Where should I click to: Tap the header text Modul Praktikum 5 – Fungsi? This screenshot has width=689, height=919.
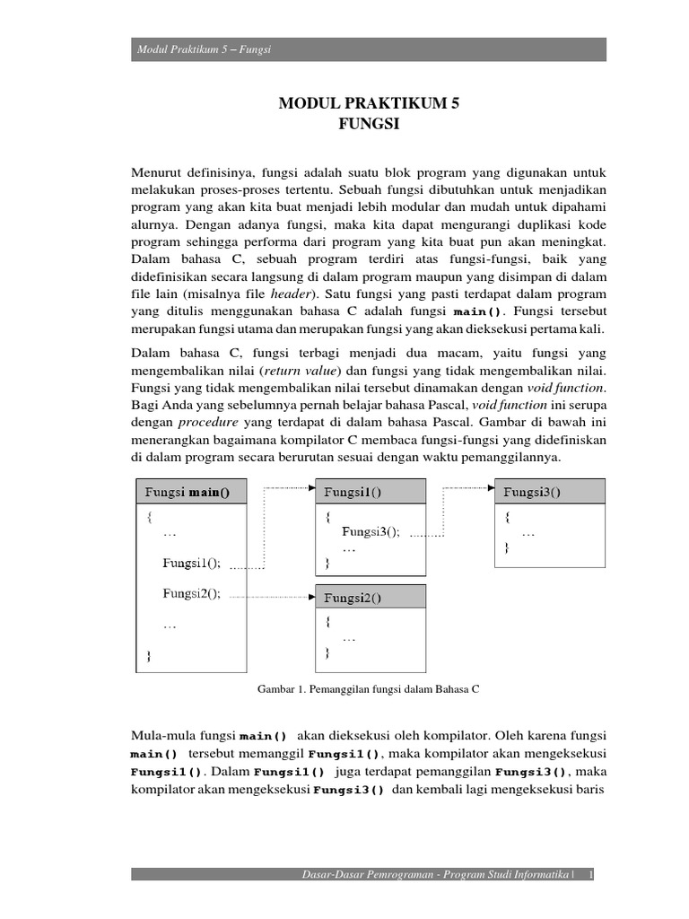click(x=204, y=49)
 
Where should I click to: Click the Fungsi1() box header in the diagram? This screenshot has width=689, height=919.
click(x=353, y=491)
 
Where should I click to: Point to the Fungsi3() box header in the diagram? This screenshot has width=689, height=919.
click(x=532, y=491)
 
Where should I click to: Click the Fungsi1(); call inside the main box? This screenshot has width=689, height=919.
click(x=191, y=563)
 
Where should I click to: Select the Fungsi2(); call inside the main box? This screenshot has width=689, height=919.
click(x=191, y=592)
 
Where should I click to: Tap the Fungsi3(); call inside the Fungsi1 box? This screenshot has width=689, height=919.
click(x=371, y=530)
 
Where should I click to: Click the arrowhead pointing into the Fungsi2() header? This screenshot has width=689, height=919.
click(x=310, y=596)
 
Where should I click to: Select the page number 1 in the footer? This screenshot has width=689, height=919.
click(x=591, y=875)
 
